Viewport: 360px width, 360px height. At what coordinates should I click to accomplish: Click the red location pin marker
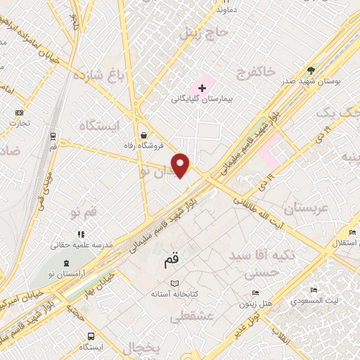point(181,165)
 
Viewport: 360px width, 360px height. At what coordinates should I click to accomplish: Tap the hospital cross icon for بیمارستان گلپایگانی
point(202,88)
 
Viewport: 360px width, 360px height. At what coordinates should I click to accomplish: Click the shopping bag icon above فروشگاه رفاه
point(144,134)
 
